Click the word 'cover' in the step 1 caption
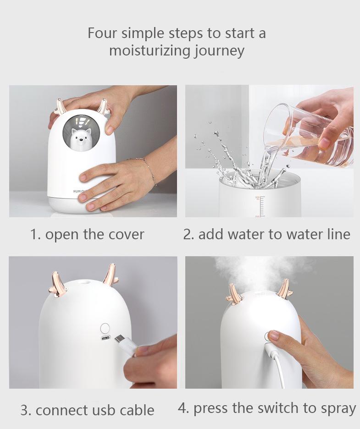[x=125, y=234]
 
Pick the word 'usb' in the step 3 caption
[x=104, y=410]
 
